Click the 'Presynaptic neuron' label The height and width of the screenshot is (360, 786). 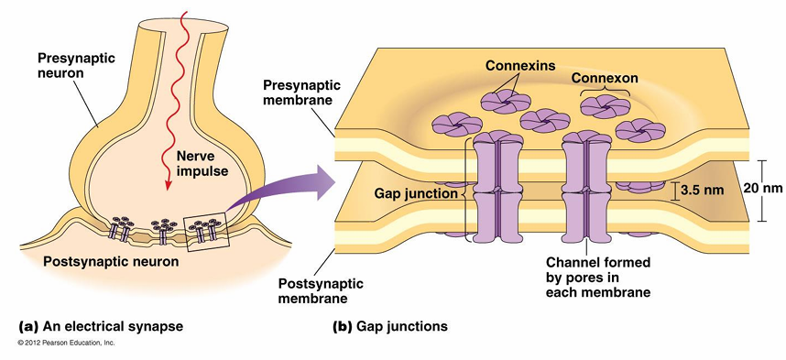point(76,66)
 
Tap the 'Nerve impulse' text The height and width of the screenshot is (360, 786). point(202,164)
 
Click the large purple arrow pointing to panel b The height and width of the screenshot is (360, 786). point(280,190)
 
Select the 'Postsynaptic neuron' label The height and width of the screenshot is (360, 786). point(111,262)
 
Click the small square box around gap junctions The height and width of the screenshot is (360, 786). point(206,232)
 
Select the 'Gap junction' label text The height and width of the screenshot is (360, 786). point(416,193)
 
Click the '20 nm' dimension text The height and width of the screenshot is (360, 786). point(756,188)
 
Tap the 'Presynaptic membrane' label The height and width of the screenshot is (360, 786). point(301,93)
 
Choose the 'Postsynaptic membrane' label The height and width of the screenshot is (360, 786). point(321,291)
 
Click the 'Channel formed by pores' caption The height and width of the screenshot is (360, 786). point(598,278)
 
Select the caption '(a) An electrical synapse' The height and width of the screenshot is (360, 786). point(101,327)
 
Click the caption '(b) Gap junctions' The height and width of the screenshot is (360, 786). point(390,327)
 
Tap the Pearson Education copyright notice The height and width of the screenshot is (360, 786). point(67,344)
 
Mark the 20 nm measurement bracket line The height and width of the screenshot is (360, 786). point(762,191)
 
